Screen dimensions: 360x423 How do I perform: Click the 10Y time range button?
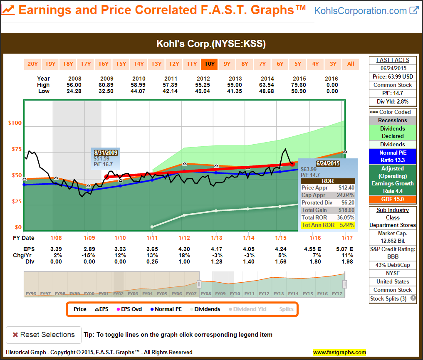pyautogui.click(x=209, y=64)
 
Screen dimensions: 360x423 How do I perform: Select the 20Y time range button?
pyautogui.click(x=32, y=64)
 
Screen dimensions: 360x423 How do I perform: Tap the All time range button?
pyautogui.click(x=351, y=64)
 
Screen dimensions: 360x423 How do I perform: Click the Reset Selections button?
pyautogui.click(x=43, y=335)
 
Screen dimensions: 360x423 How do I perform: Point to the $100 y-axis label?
pyautogui.click(x=15, y=123)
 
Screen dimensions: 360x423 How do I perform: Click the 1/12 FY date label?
pyautogui.click(x=184, y=238)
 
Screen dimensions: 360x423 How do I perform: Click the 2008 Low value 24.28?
pyautogui.click(x=74, y=91)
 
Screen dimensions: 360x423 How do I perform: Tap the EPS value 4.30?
pyautogui.click(x=184, y=249)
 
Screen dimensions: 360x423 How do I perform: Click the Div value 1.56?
pyautogui.click(x=280, y=261)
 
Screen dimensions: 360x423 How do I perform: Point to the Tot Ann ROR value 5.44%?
pyautogui.click(x=346, y=225)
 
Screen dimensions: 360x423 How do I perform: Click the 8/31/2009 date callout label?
pyautogui.click(x=106, y=153)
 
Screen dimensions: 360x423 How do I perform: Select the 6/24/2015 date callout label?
pyautogui.click(x=328, y=163)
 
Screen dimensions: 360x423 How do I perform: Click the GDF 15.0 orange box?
pyautogui.click(x=393, y=199)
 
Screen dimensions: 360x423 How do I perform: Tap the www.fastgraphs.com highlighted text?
pyautogui.click(x=339, y=352)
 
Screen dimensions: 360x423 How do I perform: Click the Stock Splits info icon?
pyautogui.click(x=413, y=298)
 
